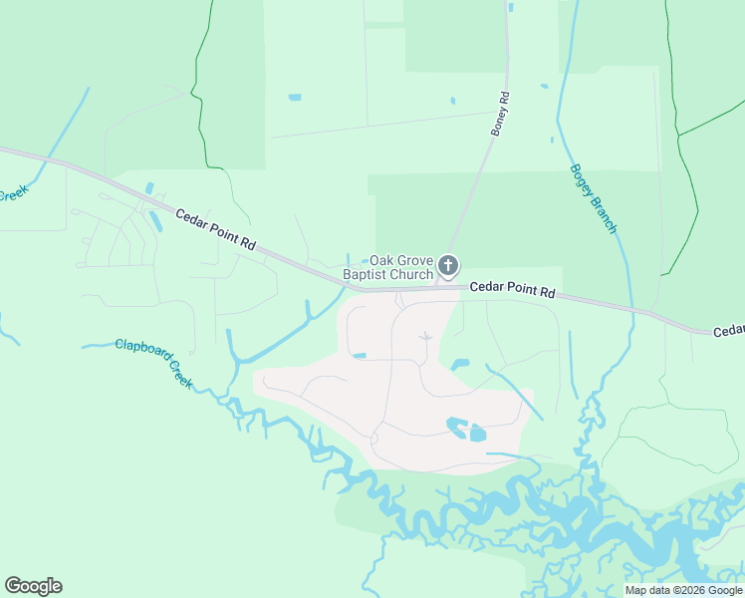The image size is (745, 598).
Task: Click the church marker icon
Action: click(448, 265)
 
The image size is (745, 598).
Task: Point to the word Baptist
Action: click(365, 274)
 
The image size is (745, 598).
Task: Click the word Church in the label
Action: click(411, 274)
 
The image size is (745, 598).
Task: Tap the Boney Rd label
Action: click(500, 114)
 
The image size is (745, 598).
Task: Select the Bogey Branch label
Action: click(594, 198)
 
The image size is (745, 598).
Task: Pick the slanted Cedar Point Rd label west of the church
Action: click(216, 230)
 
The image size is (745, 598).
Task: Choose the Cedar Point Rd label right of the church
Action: click(511, 288)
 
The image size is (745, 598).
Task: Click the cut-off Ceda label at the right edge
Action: click(729, 330)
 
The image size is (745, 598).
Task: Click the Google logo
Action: click(33, 586)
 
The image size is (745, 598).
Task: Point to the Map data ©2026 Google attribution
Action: click(683, 590)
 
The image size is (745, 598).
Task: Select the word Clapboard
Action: click(141, 352)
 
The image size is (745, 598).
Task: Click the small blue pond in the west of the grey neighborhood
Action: click(359, 355)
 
